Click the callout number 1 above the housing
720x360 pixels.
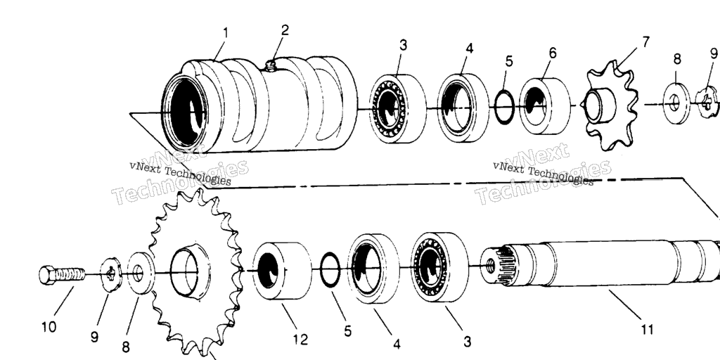(x=226, y=32)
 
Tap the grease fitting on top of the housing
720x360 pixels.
(x=271, y=67)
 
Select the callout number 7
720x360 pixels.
(x=645, y=42)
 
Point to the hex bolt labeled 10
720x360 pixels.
(x=62, y=274)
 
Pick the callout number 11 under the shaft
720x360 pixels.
(x=646, y=329)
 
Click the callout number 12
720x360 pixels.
(x=300, y=340)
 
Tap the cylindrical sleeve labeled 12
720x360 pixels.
(x=281, y=271)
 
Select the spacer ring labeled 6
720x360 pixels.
(x=545, y=105)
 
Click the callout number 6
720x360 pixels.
(x=553, y=53)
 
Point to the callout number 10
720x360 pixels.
(x=49, y=327)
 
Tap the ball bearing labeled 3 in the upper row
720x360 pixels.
(x=397, y=109)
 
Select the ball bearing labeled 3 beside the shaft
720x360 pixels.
(x=439, y=268)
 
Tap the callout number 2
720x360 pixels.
(x=285, y=30)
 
